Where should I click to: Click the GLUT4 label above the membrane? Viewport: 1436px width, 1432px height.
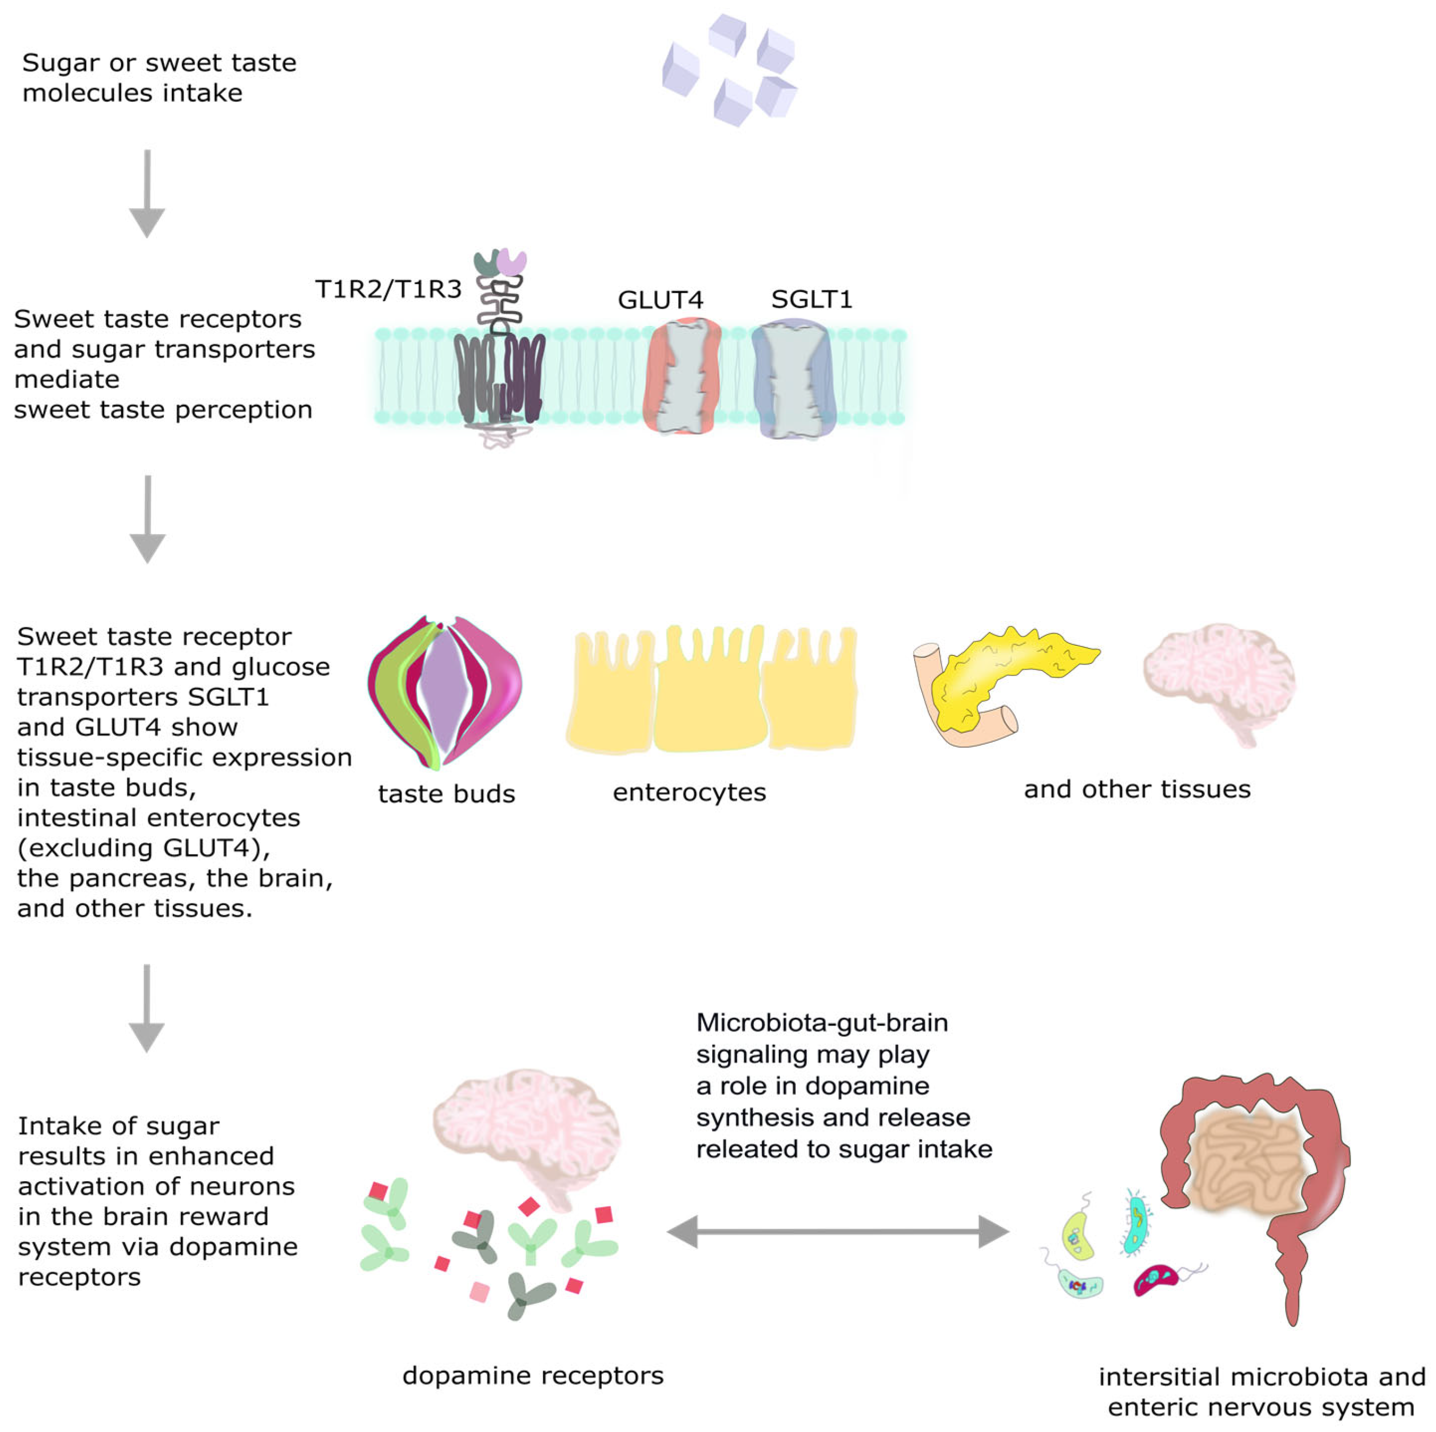coord(659,299)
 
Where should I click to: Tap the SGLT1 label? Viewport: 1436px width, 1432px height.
coord(811,299)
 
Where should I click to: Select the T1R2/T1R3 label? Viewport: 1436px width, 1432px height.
coord(388,288)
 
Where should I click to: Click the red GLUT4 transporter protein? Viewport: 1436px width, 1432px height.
coord(682,376)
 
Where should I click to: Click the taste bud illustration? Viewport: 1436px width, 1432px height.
coord(445,691)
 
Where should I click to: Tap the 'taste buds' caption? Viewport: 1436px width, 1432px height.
coord(446,794)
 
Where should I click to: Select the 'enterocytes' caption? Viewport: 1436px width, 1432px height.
coord(689,792)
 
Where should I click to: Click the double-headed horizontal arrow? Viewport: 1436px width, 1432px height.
coord(837,1232)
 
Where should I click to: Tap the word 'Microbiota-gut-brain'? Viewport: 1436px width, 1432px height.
coord(821,1023)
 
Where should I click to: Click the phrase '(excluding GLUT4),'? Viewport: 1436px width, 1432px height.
coord(143,847)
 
